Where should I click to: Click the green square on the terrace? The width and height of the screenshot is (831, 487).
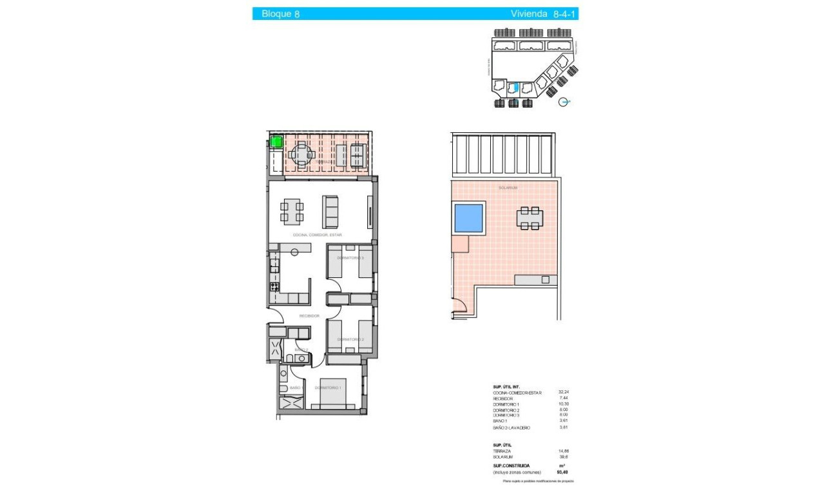tap(276, 143)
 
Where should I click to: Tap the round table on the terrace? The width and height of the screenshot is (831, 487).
tap(301, 155)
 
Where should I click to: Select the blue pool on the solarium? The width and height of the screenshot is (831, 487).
tap(469, 218)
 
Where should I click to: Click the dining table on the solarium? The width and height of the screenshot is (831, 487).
tap(529, 218)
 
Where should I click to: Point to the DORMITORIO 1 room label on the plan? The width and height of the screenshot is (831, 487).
tap(328, 388)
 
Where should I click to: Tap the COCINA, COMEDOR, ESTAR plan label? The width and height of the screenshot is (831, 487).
tap(312, 235)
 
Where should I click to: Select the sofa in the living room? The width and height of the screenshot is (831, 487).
tap(330, 212)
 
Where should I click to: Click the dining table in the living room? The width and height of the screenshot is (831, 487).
tap(292, 212)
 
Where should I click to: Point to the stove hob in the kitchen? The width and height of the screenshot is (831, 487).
tap(274, 286)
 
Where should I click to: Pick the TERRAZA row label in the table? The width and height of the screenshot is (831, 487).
tap(503, 452)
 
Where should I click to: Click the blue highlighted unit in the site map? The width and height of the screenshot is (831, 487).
tap(513, 88)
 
